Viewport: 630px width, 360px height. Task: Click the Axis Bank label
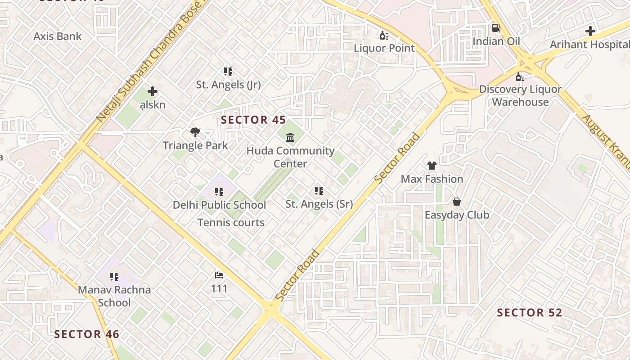[58, 36]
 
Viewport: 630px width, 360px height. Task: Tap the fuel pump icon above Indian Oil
[496, 28]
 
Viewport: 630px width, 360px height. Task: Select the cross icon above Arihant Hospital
[590, 31]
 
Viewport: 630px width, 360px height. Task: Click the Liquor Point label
[384, 48]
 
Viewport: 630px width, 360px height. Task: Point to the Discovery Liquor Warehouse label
[520, 95]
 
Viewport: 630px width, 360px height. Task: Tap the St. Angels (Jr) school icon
[228, 71]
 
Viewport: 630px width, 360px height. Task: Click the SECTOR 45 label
[254, 120]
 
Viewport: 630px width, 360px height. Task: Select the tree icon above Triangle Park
[195, 132]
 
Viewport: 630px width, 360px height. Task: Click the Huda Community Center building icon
[290, 137]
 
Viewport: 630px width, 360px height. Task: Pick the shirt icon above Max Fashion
[432, 166]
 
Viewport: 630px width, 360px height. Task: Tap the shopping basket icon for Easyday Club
[457, 202]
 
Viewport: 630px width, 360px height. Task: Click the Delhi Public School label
[220, 205]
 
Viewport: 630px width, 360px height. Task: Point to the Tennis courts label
[231, 222]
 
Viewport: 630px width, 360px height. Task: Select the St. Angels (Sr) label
[319, 204]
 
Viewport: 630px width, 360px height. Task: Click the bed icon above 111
[219, 275]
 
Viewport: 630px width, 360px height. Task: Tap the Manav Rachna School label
[114, 296]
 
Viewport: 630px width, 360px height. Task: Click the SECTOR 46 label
[87, 334]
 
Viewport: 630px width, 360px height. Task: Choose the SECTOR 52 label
[530, 313]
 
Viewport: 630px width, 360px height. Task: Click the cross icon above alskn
[153, 91]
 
